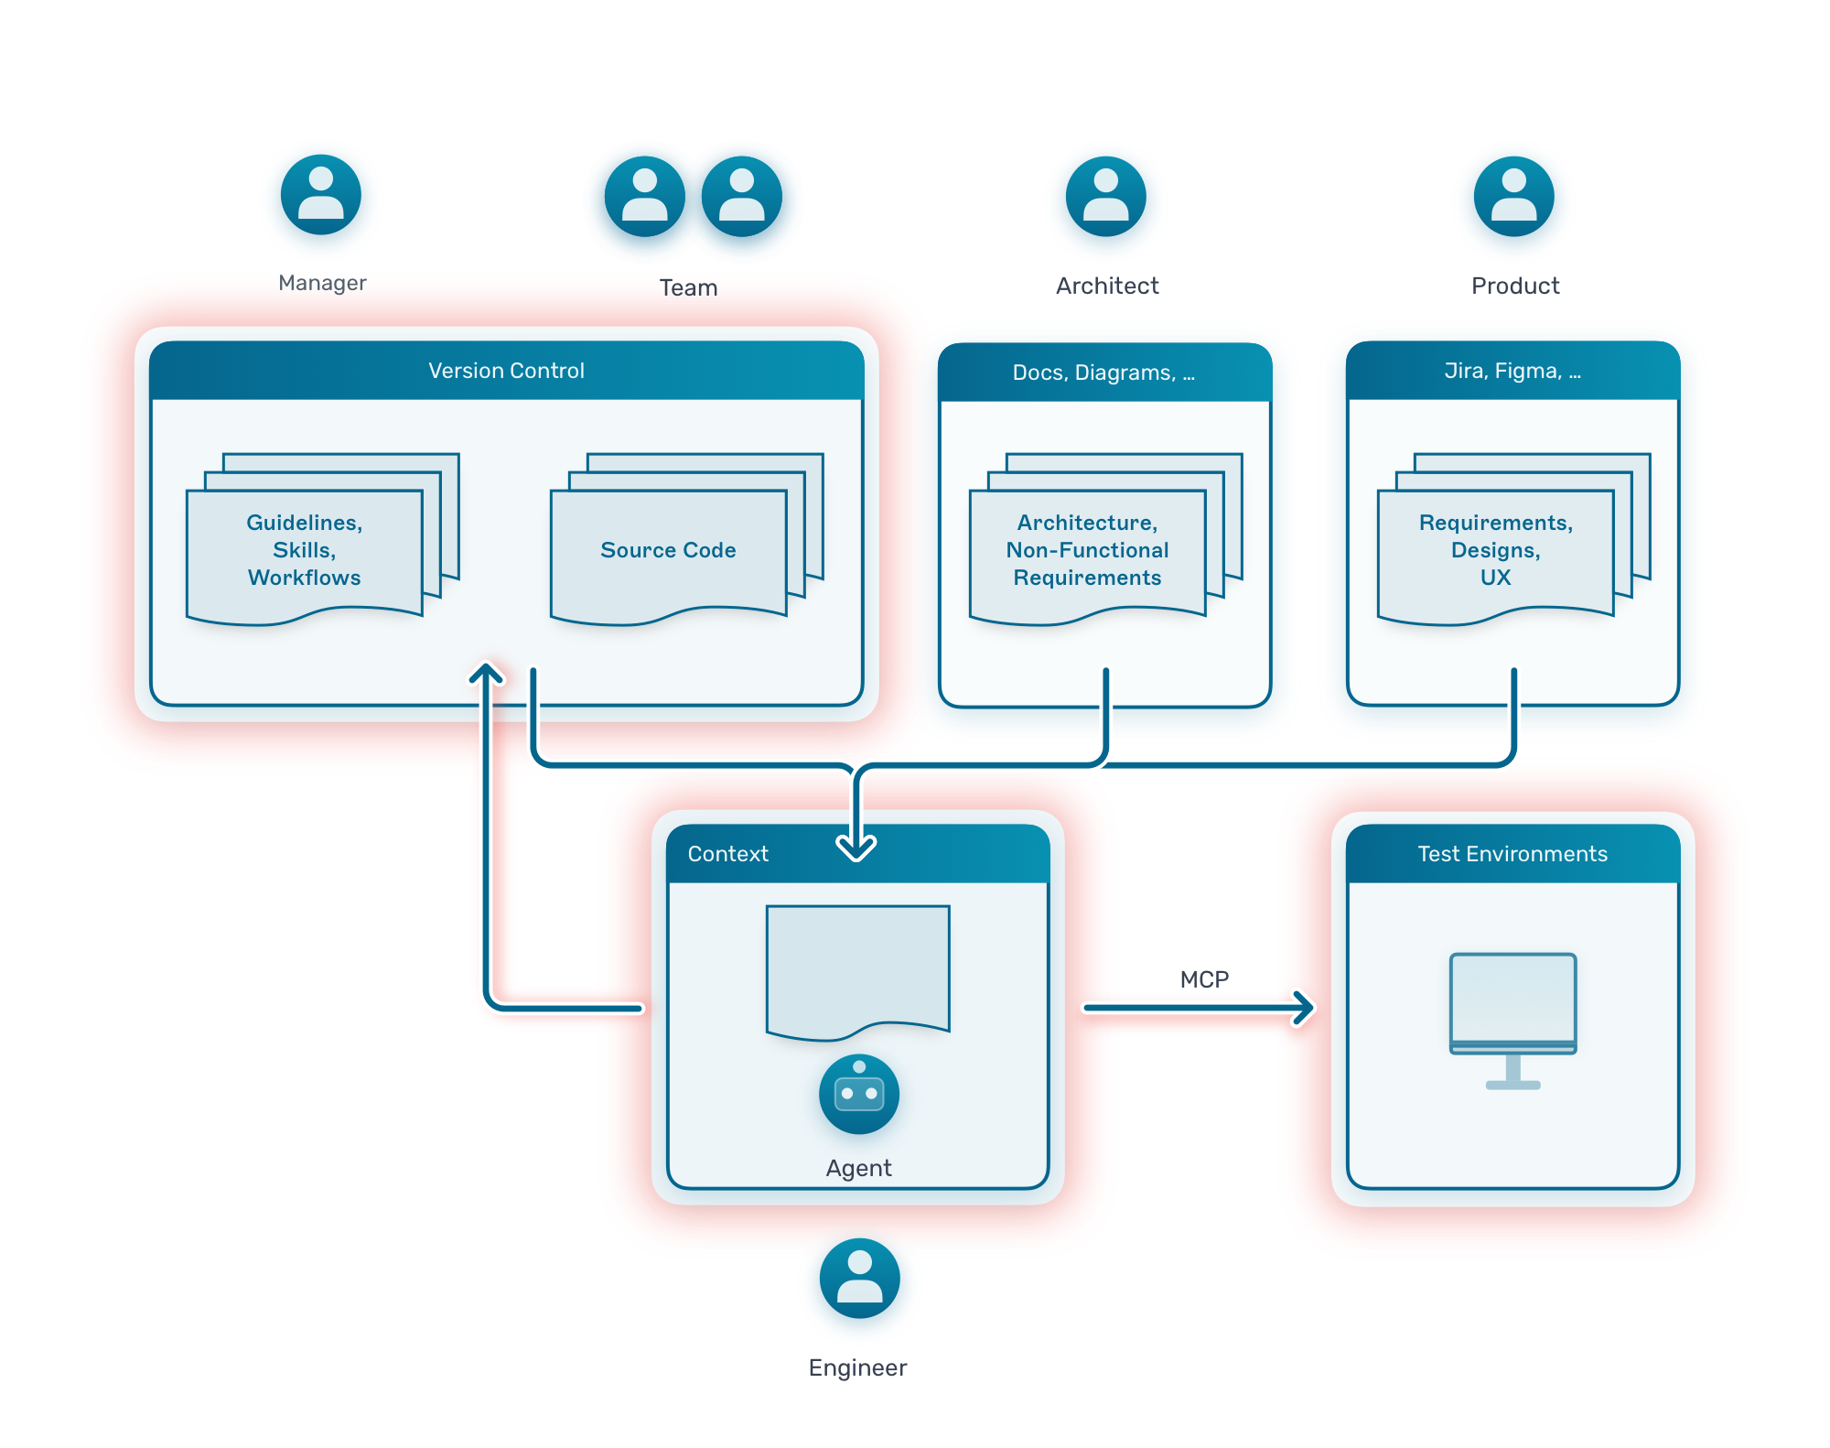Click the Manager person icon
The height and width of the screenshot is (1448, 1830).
click(x=321, y=195)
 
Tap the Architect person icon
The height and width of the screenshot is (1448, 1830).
click(x=1105, y=197)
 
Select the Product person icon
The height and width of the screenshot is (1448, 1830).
click(x=1513, y=197)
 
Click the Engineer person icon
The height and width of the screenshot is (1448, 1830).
click(x=859, y=1278)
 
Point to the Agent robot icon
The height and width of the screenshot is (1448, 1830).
click(x=858, y=1094)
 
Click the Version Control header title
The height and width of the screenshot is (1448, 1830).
click(x=506, y=371)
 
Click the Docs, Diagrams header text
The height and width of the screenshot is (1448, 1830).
click(x=1103, y=373)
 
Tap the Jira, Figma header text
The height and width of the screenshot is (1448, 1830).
click(x=1512, y=371)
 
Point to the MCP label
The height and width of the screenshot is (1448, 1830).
click(x=1204, y=979)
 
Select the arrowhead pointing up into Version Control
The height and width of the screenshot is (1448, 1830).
click(x=487, y=675)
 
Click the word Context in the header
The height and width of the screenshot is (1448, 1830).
click(x=727, y=854)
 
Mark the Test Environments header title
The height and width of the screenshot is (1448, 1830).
click(x=1512, y=854)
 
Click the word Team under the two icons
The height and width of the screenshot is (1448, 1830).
click(x=688, y=287)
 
